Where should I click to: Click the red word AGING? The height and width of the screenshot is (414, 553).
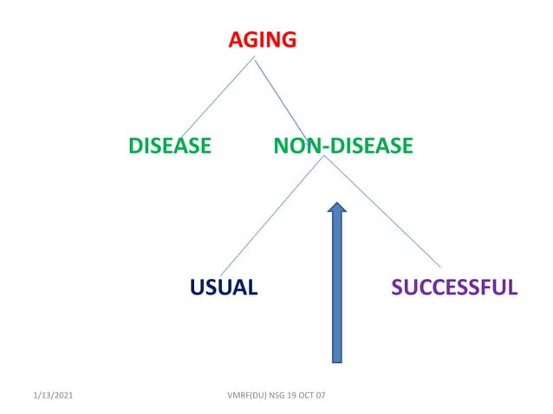[x=263, y=40]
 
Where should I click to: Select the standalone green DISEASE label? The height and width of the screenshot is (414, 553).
[x=169, y=146]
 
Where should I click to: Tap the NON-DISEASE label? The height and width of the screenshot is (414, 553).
[x=342, y=146]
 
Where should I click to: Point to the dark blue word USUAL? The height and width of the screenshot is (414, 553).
[x=224, y=287]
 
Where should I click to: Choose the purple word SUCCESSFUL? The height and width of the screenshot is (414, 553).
[x=454, y=287]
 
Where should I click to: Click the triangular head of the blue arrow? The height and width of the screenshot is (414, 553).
[x=337, y=207]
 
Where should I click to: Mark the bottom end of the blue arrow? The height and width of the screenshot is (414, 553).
[x=337, y=359]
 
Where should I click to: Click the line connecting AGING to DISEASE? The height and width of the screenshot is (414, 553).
[x=217, y=96]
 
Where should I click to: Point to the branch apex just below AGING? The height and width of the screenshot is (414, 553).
[x=254, y=58]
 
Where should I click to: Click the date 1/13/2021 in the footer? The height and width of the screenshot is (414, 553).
[x=52, y=395]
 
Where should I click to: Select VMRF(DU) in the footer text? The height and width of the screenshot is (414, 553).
[x=244, y=395]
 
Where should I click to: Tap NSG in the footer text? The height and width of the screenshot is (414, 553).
[x=276, y=395]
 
